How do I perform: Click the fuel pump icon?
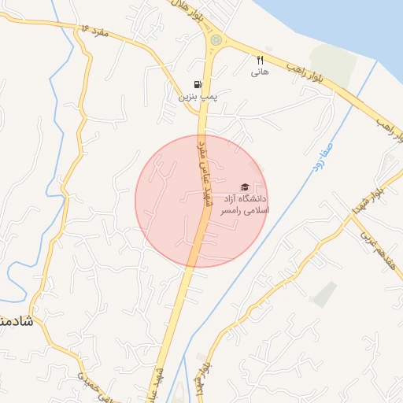196,84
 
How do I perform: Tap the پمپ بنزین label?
196,97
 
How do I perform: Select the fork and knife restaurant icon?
260,60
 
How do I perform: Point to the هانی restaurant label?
260,72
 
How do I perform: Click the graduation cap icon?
244,187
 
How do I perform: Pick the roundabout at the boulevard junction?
216,39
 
